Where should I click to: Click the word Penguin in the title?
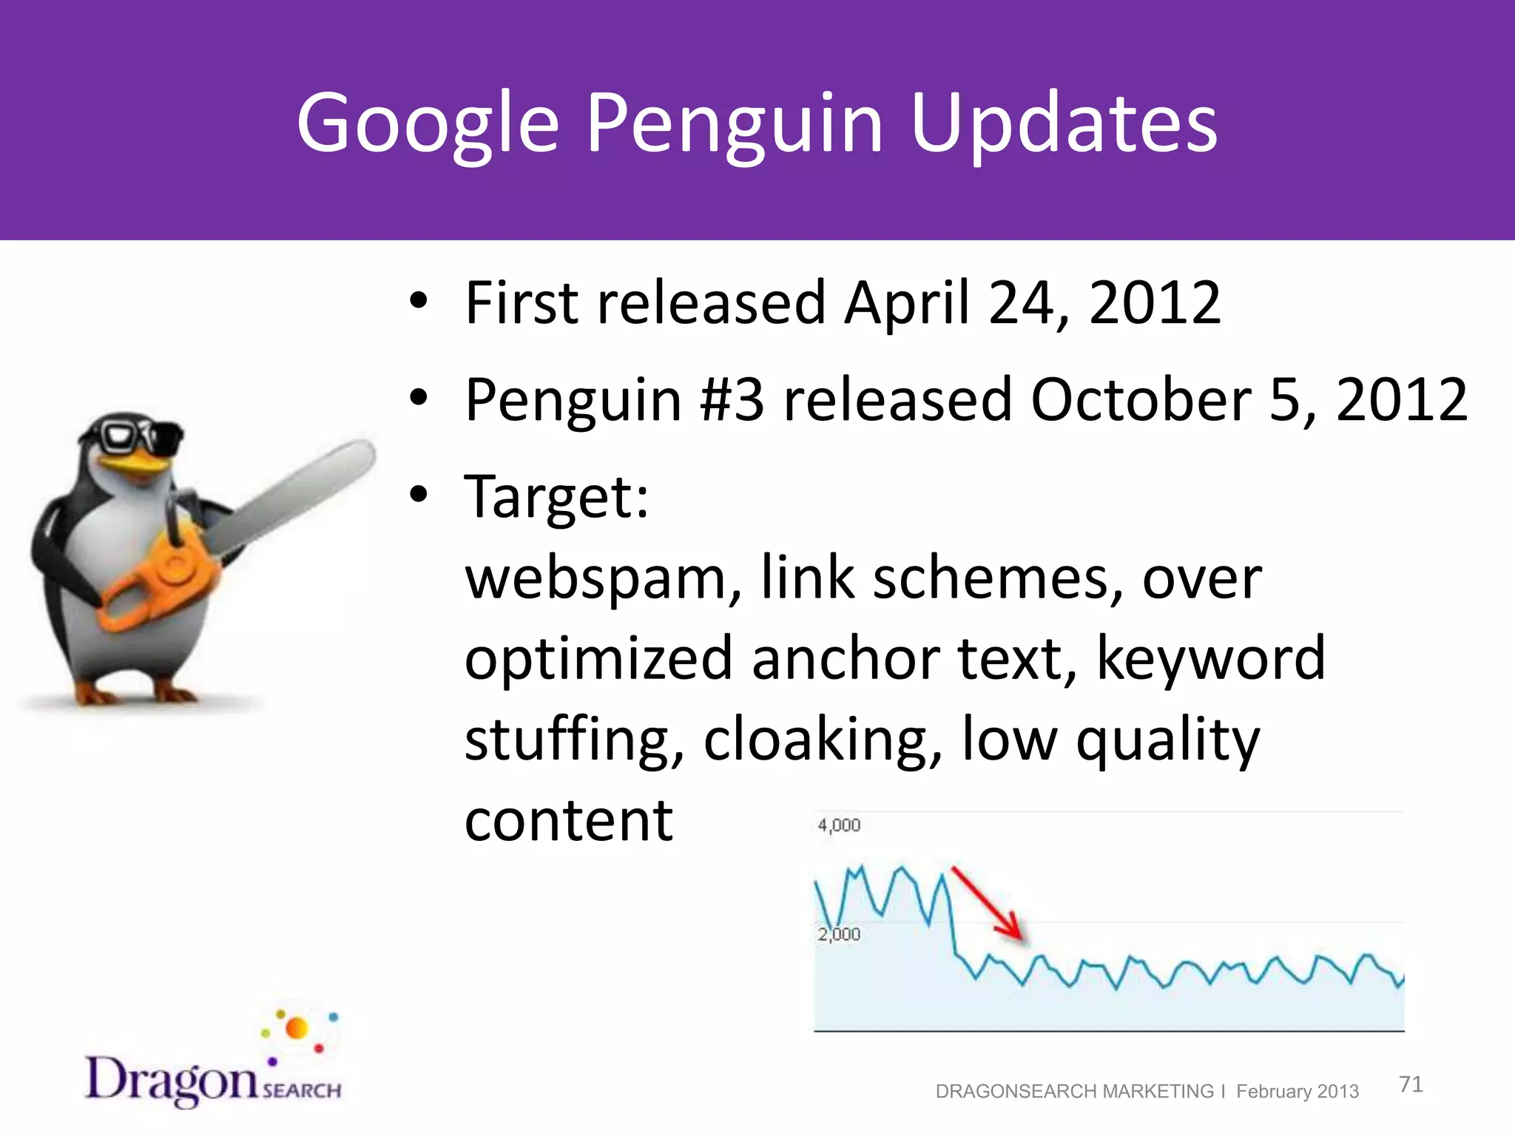[735, 123]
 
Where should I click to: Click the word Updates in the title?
[1064, 123]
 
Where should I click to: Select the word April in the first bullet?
[906, 302]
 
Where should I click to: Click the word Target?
[556, 496]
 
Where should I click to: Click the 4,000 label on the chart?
[839, 825]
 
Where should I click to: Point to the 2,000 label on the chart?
[839, 934]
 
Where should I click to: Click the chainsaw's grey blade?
[296, 496]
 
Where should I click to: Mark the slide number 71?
[1411, 1084]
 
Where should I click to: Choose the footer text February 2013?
[1297, 1091]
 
